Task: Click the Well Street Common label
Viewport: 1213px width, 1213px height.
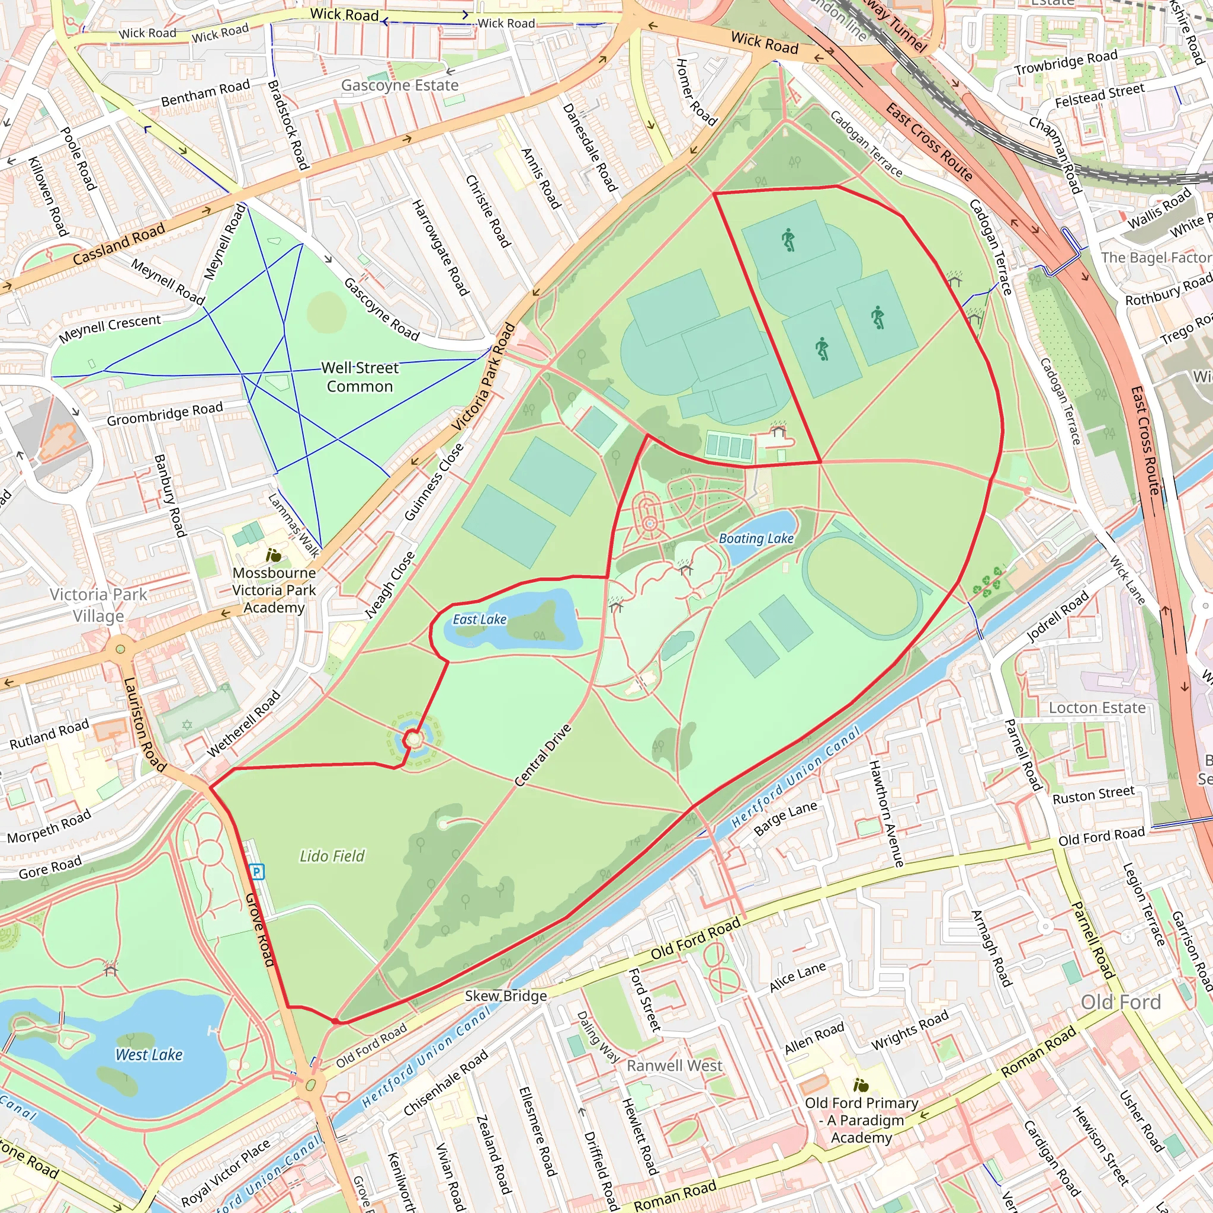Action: click(x=360, y=377)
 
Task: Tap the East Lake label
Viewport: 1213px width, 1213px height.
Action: click(x=480, y=620)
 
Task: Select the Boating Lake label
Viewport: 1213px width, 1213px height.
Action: click(x=756, y=539)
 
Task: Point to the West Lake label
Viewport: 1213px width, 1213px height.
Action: click(x=149, y=1055)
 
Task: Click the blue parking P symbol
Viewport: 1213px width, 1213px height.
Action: click(x=257, y=871)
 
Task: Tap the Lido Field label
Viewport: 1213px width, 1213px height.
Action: click(x=332, y=856)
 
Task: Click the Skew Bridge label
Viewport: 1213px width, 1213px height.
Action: click(x=505, y=996)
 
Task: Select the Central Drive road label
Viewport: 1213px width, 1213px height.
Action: click(x=543, y=755)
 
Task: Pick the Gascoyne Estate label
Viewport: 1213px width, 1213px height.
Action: click(x=399, y=85)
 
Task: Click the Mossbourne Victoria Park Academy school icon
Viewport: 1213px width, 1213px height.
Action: click(x=274, y=555)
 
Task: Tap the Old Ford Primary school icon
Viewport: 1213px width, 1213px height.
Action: click(x=861, y=1085)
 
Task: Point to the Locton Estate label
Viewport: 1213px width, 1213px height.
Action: click(x=1097, y=708)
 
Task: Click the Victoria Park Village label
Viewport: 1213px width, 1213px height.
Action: click(x=98, y=605)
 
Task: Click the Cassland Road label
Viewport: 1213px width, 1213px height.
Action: click(x=118, y=244)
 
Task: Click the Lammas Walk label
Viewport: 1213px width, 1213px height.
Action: click(x=294, y=525)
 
